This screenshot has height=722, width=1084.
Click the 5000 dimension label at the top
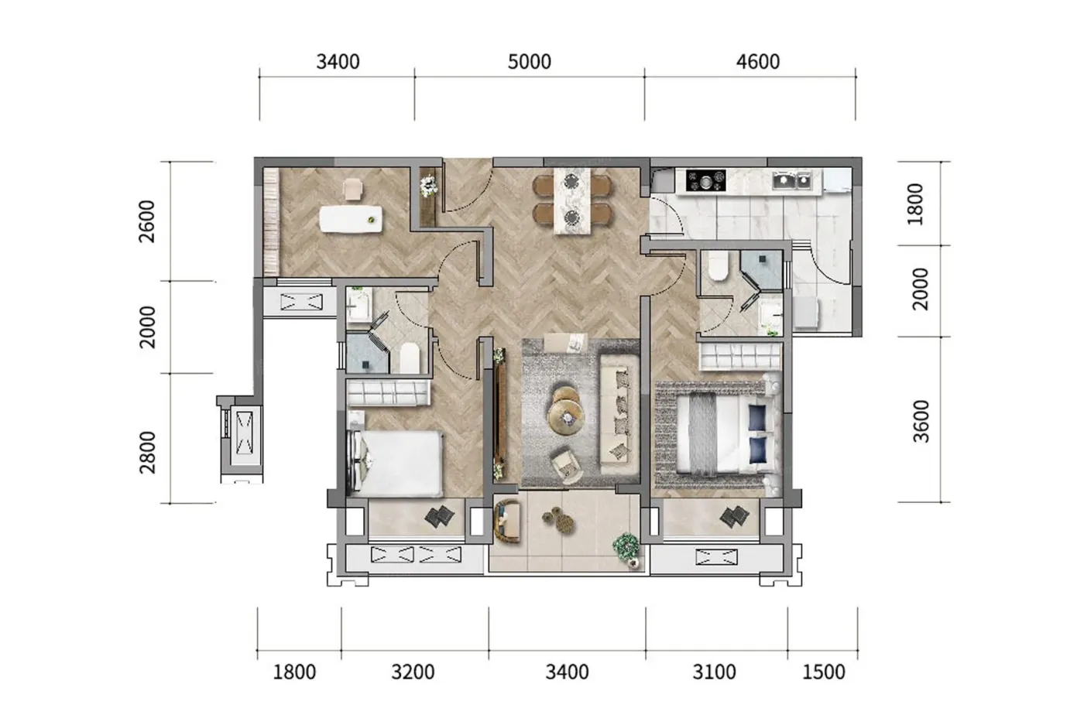(529, 62)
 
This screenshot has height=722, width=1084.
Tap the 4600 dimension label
(758, 62)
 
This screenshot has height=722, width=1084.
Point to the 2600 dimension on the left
(146, 221)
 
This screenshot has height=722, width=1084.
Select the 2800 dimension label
(147, 453)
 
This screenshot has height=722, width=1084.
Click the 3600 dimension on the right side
(921, 421)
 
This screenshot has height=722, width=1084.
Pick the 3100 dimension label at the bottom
(714, 672)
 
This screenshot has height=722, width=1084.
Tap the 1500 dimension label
(824, 672)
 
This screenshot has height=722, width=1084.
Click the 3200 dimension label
(413, 672)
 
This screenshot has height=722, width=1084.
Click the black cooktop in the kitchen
(706, 181)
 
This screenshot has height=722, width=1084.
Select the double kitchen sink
(793, 180)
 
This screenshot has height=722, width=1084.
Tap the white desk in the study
(351, 219)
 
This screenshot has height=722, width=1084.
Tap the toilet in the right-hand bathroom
(718, 266)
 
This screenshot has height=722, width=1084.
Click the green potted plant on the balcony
(626, 546)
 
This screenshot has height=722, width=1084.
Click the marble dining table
(572, 200)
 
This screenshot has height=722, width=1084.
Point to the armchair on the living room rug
(566, 466)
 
